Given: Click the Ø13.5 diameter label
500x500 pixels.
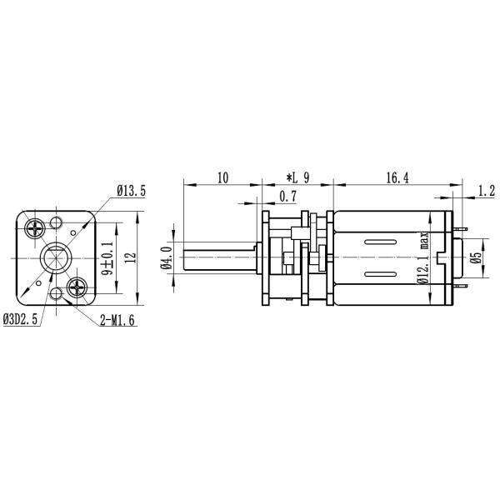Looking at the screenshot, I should pos(131,191).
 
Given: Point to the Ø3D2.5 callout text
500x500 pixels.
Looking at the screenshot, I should pos(22,317).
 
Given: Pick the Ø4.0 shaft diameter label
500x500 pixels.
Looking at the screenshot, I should pos(166,257).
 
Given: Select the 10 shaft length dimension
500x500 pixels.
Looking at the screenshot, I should pos(222,177).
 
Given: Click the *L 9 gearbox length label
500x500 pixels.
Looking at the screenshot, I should pos(297,177).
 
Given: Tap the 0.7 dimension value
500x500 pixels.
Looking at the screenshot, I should pos(288,197).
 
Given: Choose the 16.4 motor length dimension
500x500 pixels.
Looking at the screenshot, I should pos(397,177).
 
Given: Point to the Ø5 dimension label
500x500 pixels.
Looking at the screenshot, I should pos(476,257).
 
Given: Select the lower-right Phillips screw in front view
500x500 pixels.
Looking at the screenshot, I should pos(79,289).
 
